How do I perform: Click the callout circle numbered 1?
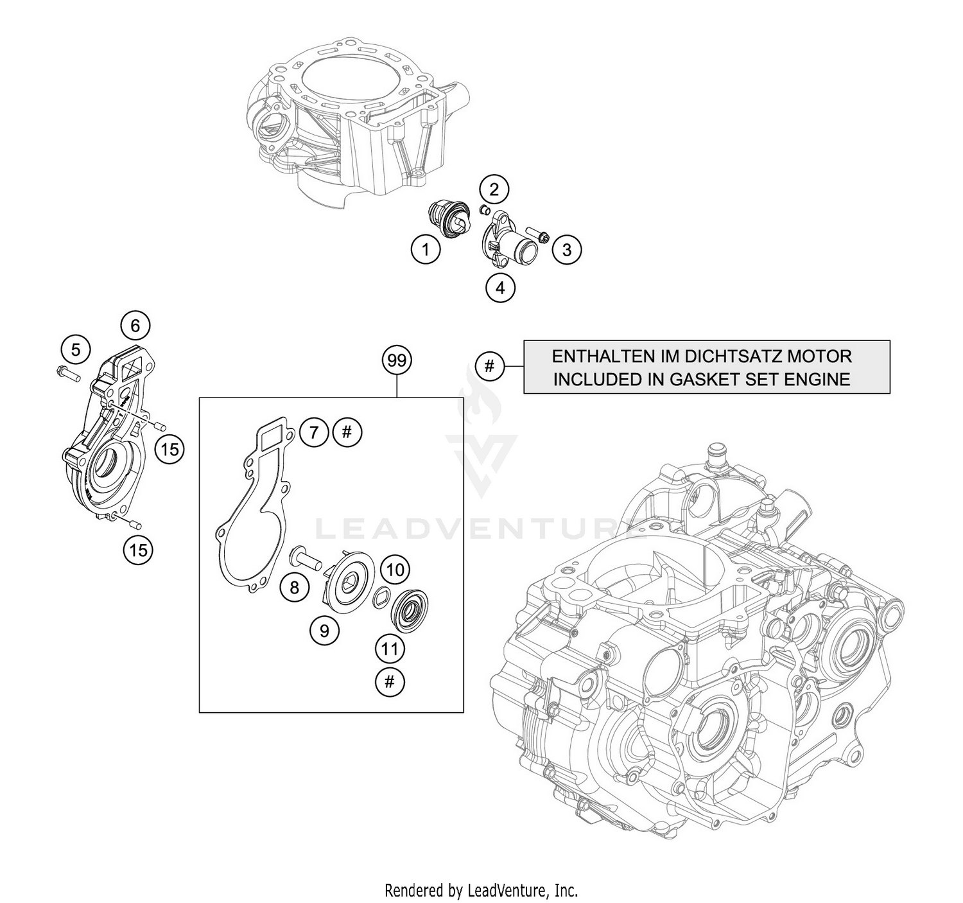tap(426, 249)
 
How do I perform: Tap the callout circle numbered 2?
tap(494, 189)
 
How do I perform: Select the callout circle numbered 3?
tap(566, 250)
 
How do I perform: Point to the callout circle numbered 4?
tap(500, 287)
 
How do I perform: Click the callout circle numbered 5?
tap(76, 350)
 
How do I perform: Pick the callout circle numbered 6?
tap(135, 326)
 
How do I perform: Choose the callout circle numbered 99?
tap(397, 361)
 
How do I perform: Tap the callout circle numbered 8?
tap(294, 588)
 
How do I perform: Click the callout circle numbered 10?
tap(395, 570)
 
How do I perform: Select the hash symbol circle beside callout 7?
tap(347, 432)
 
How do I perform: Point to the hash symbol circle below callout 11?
tap(390, 683)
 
